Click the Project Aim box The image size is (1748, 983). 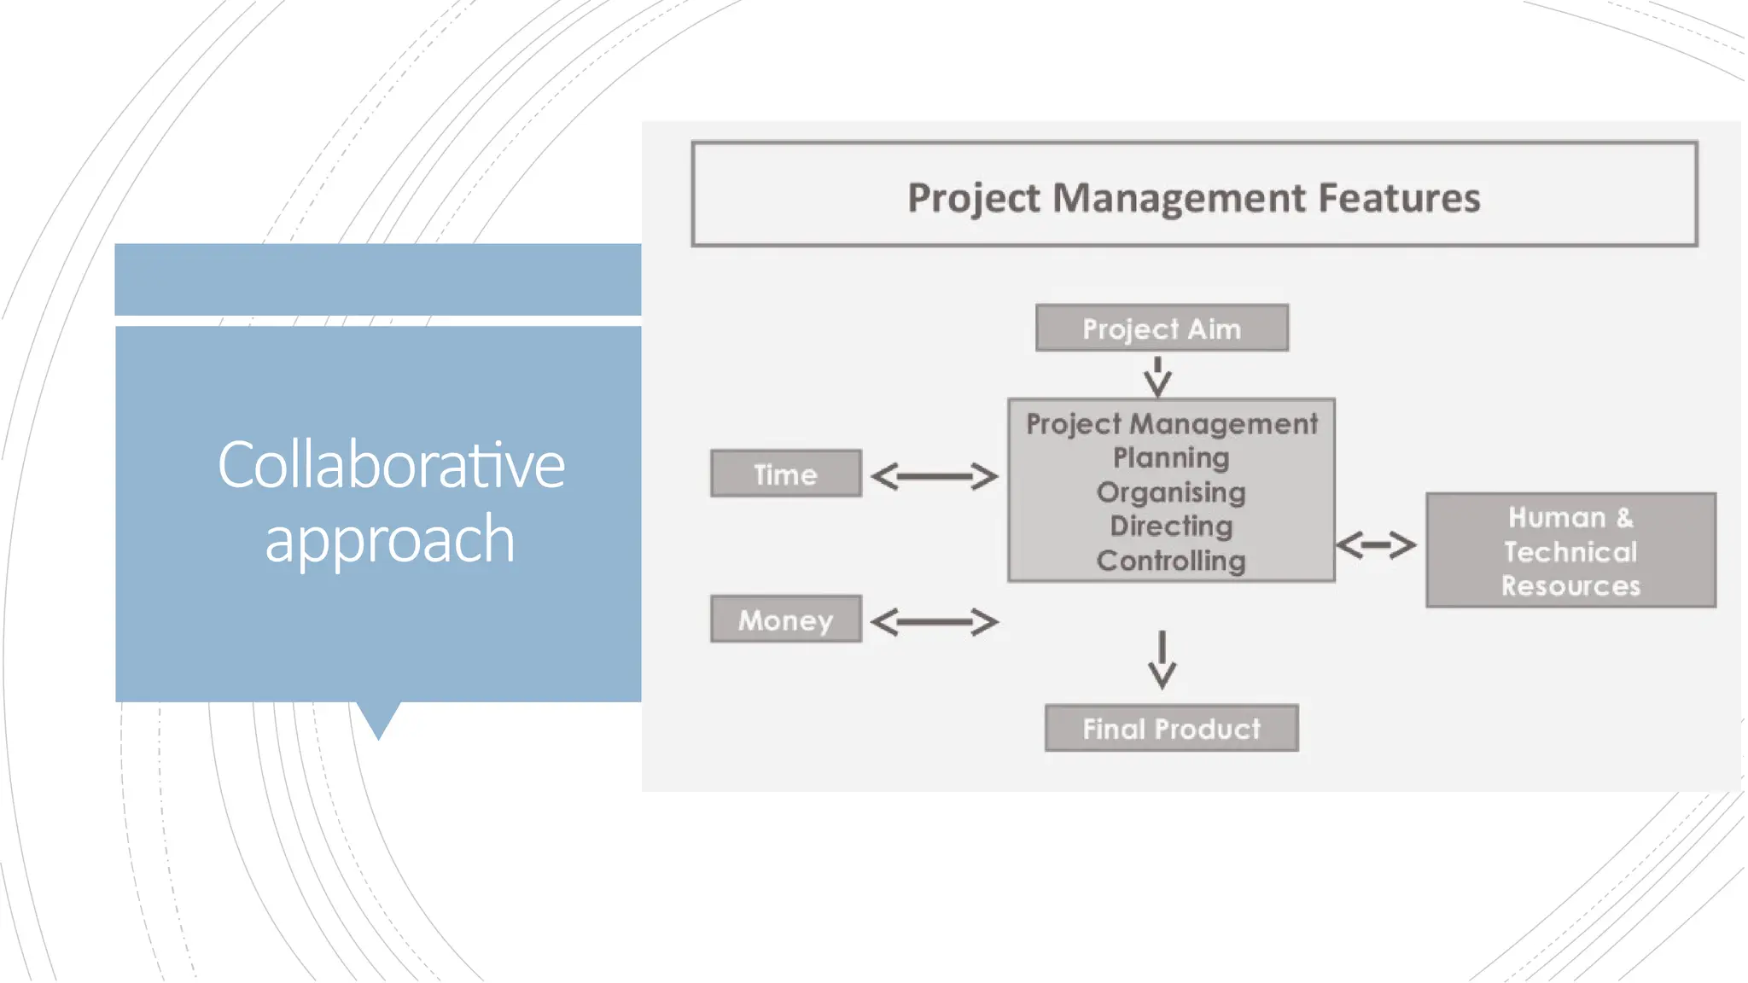click(1162, 329)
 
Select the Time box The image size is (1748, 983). click(785, 474)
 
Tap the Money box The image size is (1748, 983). click(785, 619)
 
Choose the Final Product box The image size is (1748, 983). click(1171, 729)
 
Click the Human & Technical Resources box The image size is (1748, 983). click(1570, 551)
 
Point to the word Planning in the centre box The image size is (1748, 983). click(1171, 458)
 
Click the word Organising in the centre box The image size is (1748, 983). click(1171, 492)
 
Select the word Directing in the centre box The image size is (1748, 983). click(1171, 526)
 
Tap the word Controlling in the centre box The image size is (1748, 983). click(1171, 561)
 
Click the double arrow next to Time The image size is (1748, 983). click(934, 476)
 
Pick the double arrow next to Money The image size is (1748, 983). click(934, 622)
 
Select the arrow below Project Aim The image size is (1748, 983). click(1157, 376)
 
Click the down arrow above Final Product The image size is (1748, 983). click(1162, 660)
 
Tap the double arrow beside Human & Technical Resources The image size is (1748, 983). click(1376, 544)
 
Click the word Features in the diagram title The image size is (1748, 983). click(1399, 198)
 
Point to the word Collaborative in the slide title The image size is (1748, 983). click(391, 466)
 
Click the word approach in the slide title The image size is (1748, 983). click(390, 539)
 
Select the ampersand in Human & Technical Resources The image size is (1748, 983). click(1624, 518)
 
